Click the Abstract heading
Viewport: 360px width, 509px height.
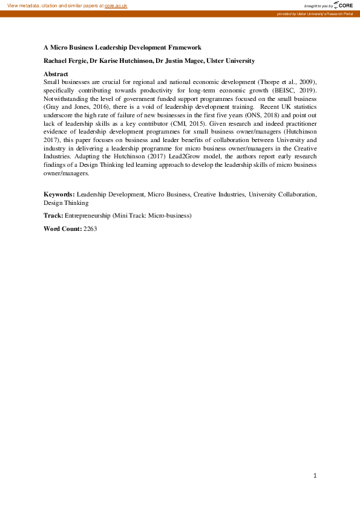tap(56, 73)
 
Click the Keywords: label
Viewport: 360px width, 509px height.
tap(59, 194)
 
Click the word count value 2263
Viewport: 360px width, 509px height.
tap(90, 229)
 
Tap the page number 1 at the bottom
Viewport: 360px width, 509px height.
tap(315, 476)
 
